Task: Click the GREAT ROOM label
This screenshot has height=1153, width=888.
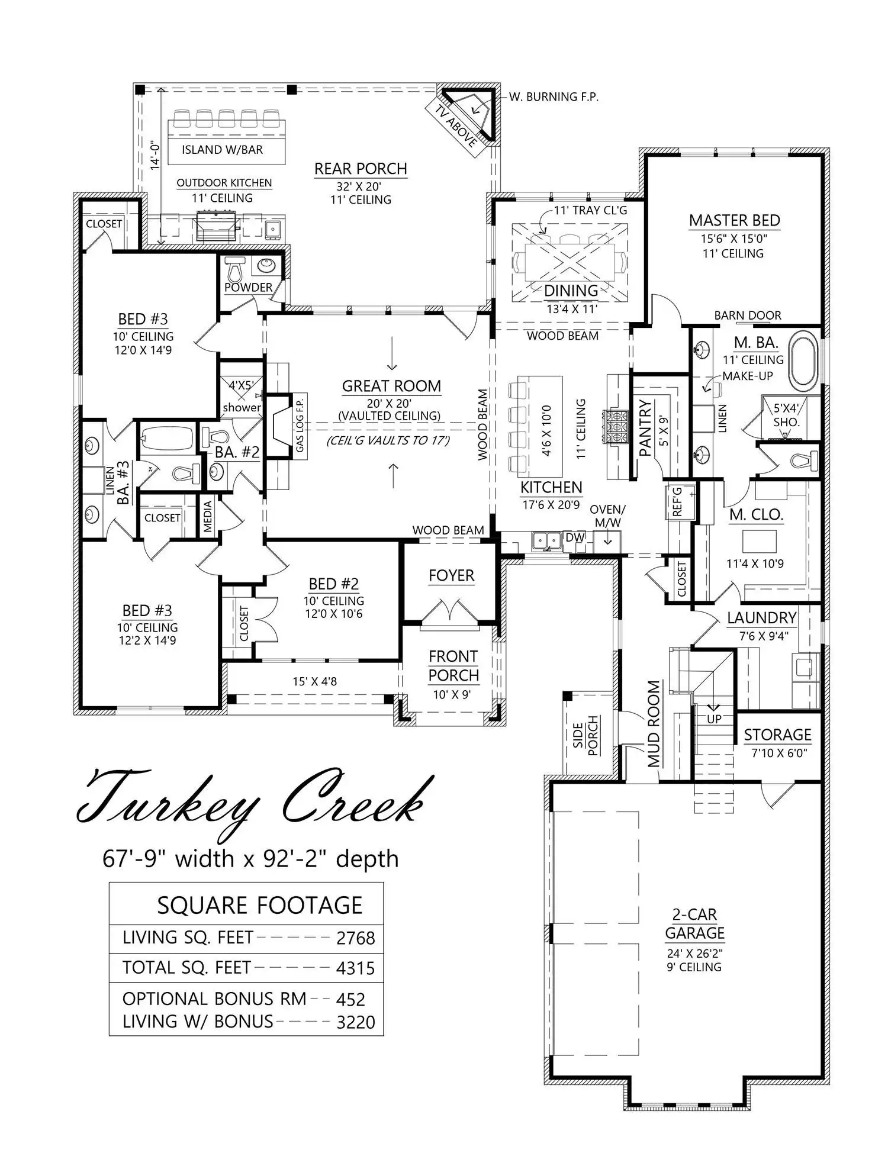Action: [391, 387]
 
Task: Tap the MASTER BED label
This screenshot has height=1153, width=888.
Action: [734, 221]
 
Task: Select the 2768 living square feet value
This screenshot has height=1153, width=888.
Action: [355, 938]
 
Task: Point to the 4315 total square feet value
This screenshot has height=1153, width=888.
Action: [355, 968]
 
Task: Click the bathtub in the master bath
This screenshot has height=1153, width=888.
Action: [803, 360]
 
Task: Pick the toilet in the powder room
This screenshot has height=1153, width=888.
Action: [236, 270]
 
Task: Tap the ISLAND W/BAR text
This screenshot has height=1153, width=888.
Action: [222, 150]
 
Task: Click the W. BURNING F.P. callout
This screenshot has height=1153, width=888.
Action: [554, 96]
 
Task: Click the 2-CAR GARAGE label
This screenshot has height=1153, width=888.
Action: [694, 924]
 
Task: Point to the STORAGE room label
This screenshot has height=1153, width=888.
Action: [777, 735]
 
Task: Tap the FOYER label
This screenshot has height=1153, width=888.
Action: [451, 576]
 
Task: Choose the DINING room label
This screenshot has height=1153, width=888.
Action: [571, 291]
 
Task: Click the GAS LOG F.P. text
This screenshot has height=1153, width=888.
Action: [300, 423]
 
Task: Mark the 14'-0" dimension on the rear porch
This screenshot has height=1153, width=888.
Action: [155, 155]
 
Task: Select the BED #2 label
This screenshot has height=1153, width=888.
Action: [333, 584]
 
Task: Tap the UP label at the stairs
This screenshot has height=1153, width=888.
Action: [714, 719]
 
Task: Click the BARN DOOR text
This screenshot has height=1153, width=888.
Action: [748, 315]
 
